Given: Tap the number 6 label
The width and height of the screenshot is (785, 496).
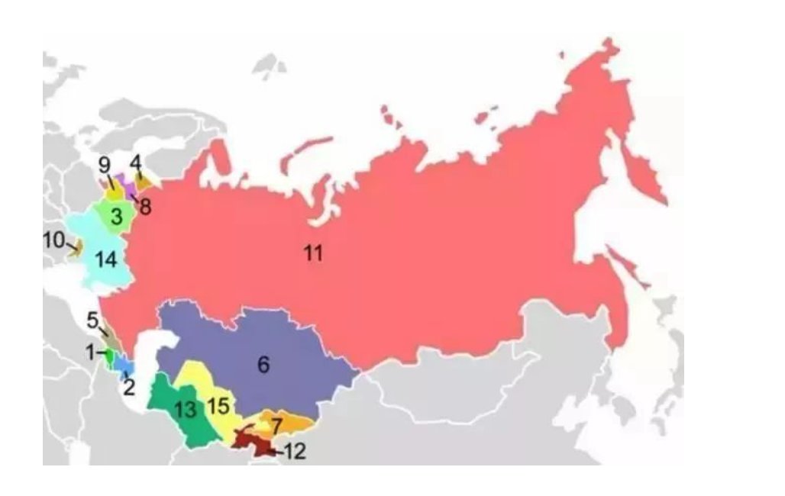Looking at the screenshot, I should (x=263, y=365).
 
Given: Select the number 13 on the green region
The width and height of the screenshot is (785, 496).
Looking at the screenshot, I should (x=185, y=410).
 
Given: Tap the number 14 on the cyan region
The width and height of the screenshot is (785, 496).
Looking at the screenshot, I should (x=106, y=259).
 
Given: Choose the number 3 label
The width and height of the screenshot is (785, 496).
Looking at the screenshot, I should (x=116, y=217).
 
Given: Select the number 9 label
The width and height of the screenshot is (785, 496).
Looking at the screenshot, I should (x=105, y=164).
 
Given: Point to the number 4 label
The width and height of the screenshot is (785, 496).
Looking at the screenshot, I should (x=135, y=163).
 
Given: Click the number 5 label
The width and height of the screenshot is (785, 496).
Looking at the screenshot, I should (x=92, y=320).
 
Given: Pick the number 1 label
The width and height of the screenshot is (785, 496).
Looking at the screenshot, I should (x=90, y=353).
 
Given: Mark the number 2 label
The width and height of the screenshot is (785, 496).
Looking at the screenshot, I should (x=129, y=387).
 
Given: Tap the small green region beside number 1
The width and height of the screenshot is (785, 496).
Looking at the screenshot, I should (x=109, y=355).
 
